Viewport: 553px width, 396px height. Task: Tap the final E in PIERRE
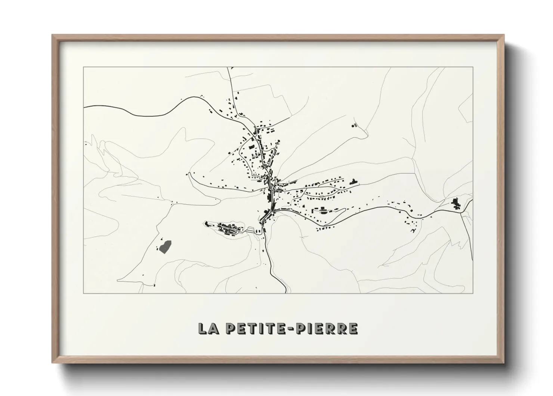point(353,328)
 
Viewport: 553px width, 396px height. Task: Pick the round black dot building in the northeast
point(353,126)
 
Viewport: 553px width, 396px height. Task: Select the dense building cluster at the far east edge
point(455,204)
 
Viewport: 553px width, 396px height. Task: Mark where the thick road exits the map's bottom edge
point(286,292)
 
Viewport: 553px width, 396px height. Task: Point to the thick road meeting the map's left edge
point(84,107)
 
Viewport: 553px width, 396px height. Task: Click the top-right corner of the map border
point(473,67)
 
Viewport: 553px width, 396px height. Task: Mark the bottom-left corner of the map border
point(84,293)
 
